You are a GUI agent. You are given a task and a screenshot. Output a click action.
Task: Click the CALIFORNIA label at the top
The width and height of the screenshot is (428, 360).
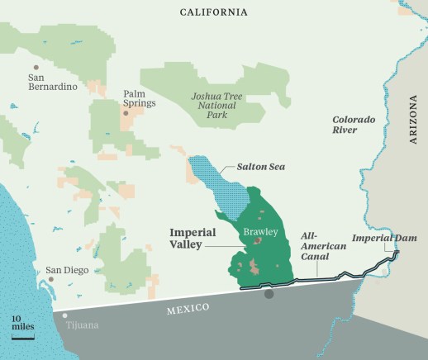tap(213, 12)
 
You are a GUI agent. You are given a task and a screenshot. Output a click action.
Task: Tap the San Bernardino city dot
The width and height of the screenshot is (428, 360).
tap(35, 67)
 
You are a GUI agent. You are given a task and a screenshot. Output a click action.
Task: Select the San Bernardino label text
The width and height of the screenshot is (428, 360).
tap(52, 81)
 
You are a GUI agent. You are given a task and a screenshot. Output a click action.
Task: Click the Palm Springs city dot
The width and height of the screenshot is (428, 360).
tap(126, 112)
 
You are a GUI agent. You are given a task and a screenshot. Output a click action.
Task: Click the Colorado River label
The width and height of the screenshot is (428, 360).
tap(353, 125)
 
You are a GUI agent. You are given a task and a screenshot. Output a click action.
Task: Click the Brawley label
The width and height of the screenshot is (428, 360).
tap(259, 230)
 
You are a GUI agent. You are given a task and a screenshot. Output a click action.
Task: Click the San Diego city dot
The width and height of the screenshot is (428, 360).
tap(51, 279)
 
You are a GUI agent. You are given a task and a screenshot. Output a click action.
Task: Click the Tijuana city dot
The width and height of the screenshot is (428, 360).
tap(64, 315)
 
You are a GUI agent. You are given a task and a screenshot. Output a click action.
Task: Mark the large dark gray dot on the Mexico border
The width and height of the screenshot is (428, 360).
tap(269, 293)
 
